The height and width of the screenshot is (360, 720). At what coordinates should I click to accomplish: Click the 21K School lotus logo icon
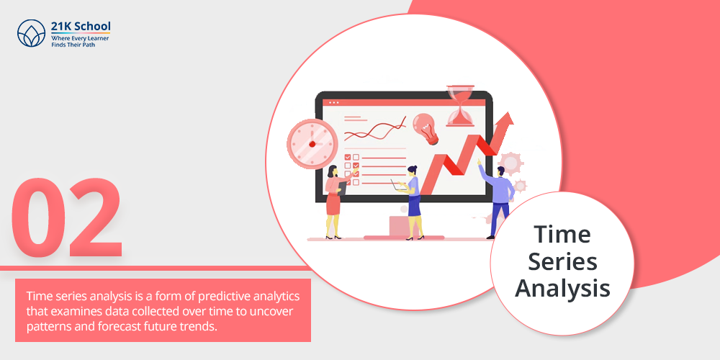pos(31,33)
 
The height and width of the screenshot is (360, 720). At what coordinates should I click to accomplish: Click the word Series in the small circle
pos(562,262)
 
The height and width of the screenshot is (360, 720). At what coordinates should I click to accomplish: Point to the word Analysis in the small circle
pos(562,289)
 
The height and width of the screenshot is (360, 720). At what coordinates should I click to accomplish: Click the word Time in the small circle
pos(562,235)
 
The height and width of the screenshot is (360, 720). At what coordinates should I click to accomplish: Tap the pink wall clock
pos(312,143)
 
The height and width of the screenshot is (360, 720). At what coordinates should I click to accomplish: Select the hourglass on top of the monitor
pos(461,105)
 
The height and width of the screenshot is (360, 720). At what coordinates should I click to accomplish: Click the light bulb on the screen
pos(426,129)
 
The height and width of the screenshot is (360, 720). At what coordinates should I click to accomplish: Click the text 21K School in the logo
pos(81,26)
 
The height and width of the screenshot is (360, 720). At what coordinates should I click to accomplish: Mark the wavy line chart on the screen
pos(375,129)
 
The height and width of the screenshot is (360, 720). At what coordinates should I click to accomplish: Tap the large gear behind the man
pos(510,163)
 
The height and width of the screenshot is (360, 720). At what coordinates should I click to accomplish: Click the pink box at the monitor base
pos(399,225)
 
